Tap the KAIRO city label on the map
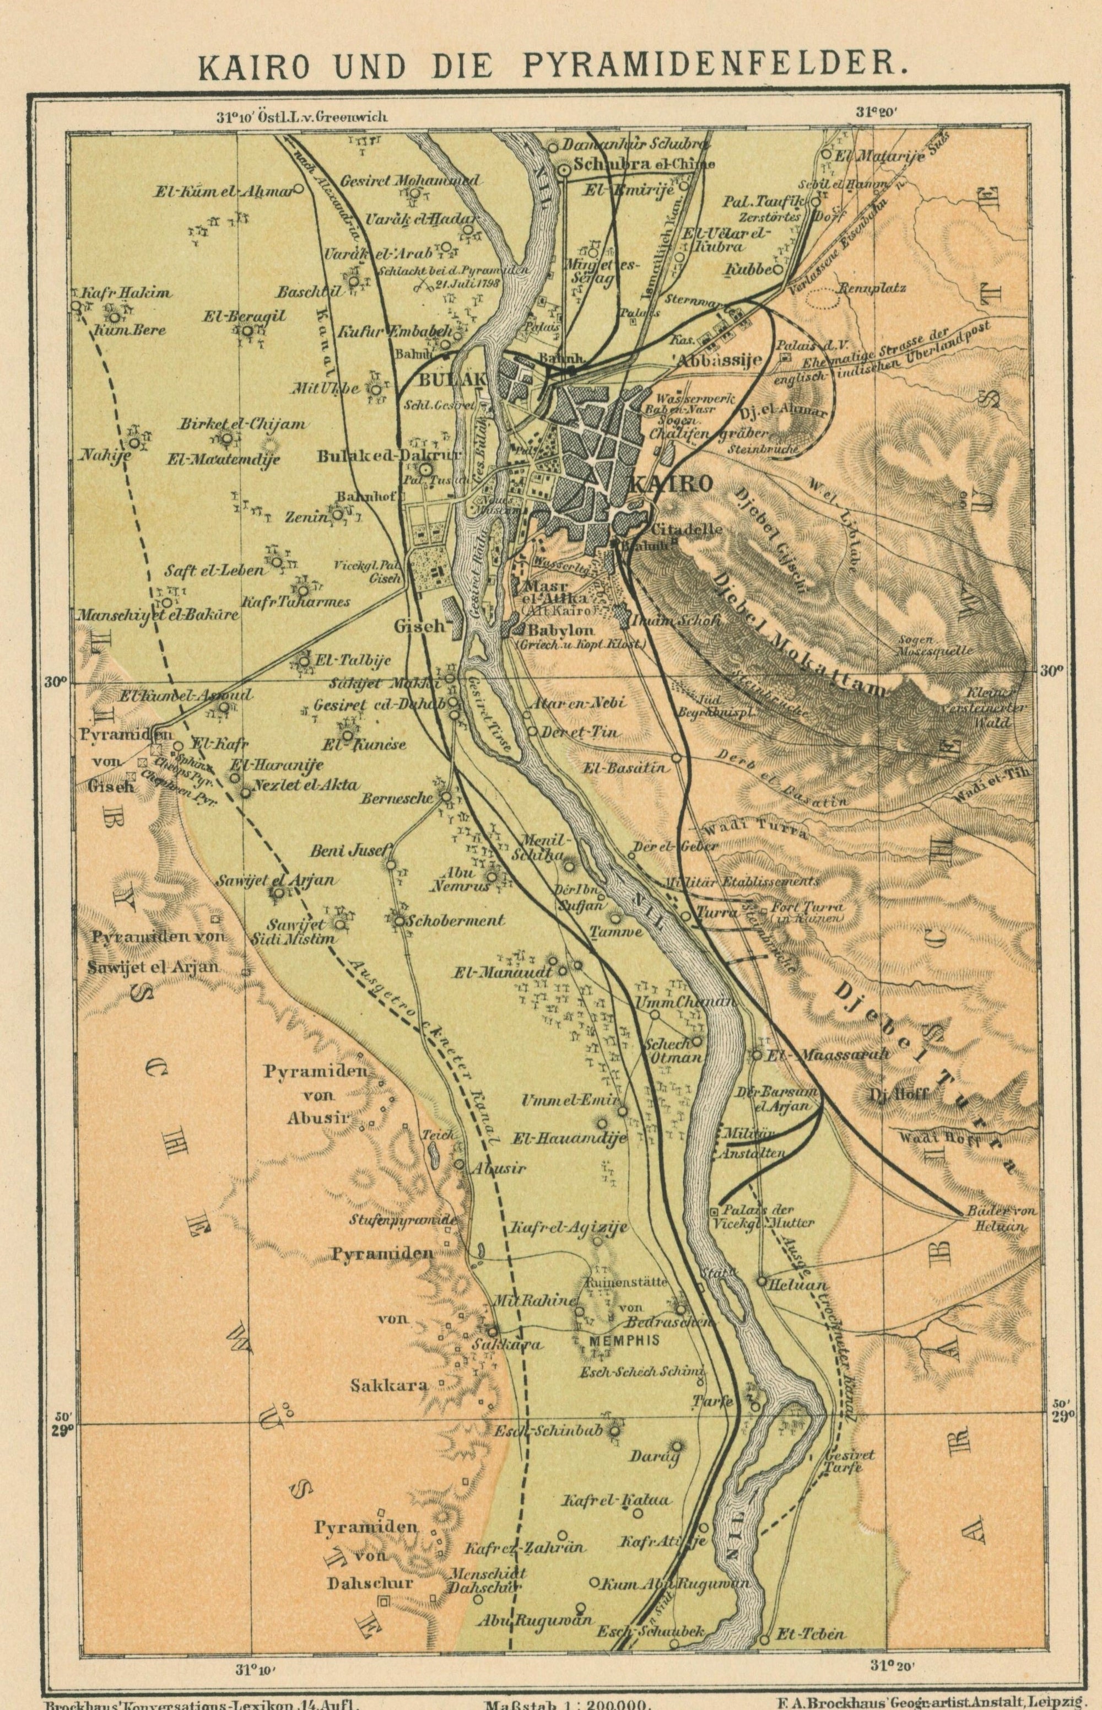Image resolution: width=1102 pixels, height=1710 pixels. click(670, 484)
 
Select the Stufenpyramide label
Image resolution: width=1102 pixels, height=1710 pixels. click(402, 1220)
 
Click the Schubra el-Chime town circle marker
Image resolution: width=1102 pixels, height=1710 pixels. click(564, 170)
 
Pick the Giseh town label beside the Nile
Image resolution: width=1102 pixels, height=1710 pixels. click(420, 626)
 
